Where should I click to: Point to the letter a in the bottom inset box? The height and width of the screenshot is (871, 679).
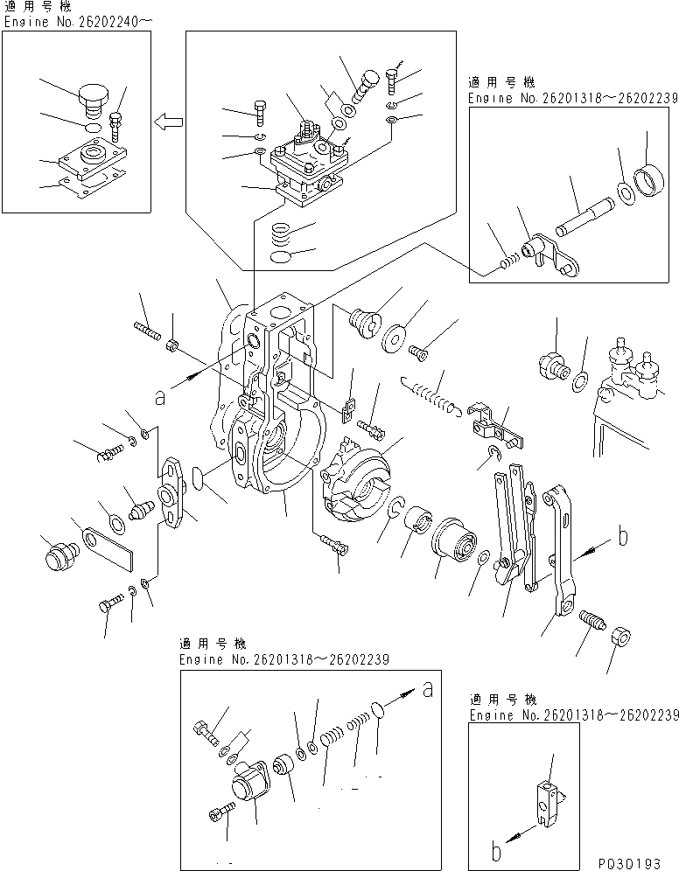point(428,689)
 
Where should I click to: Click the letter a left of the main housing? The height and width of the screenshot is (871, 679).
point(158,397)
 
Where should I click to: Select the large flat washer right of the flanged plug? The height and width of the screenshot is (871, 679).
point(399,336)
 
